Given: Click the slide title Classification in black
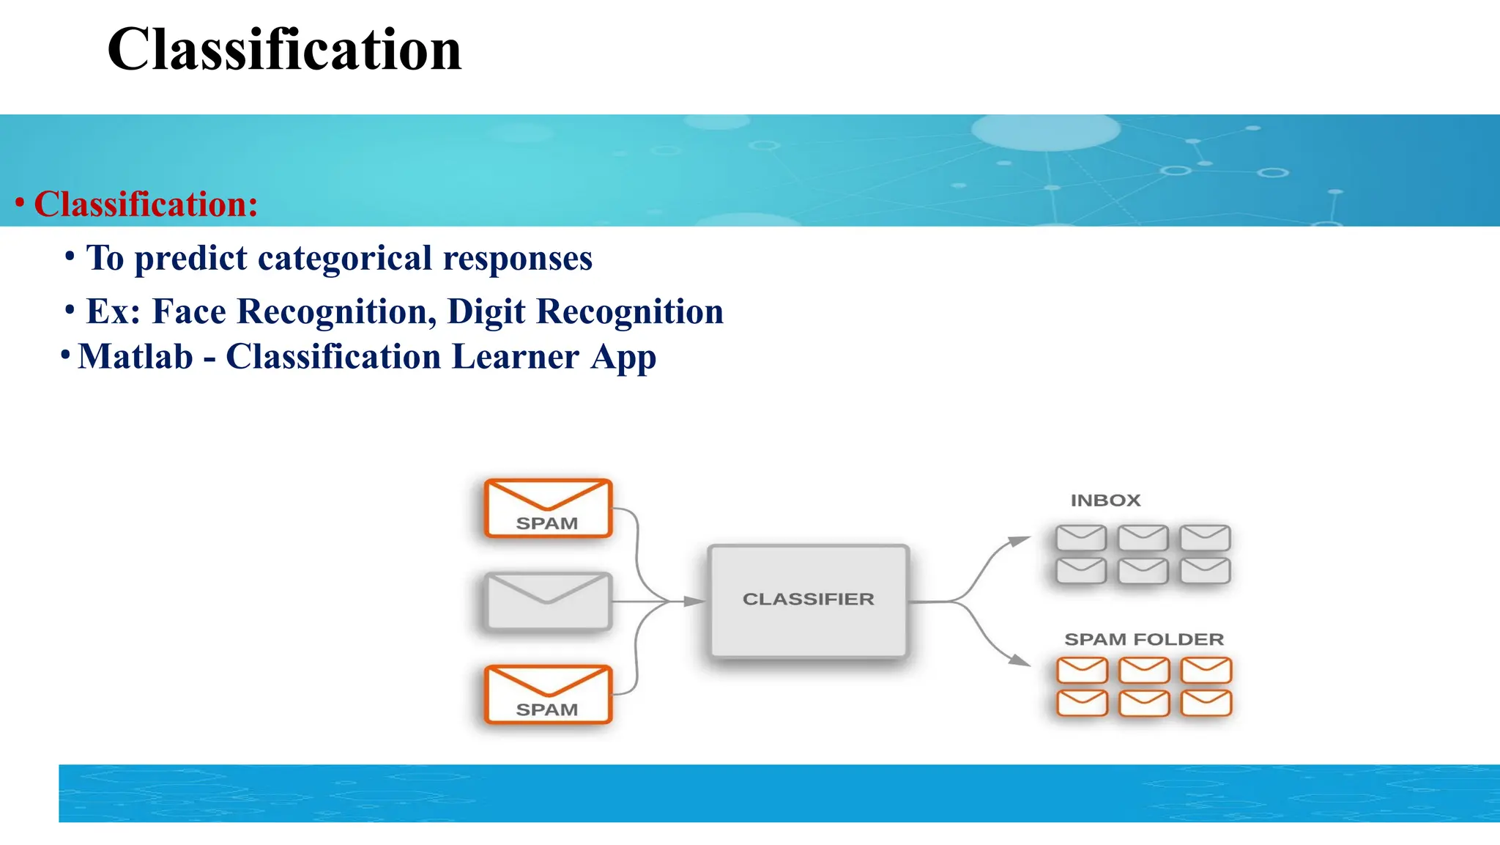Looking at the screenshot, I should click(284, 50).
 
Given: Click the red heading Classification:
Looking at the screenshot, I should click(146, 204).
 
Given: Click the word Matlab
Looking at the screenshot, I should click(135, 357).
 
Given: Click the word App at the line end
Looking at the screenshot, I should click(623, 358).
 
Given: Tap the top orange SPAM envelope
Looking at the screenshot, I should click(547, 509).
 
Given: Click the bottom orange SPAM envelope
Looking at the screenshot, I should click(547, 695).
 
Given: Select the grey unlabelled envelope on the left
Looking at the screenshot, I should click(547, 601).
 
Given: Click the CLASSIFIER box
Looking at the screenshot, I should click(808, 600).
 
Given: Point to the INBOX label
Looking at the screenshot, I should click(1105, 501).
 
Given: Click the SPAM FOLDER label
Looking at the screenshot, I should click(1143, 639).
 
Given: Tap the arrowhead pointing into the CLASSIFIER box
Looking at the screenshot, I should click(694, 602).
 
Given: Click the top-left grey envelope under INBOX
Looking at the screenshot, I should click(1081, 538).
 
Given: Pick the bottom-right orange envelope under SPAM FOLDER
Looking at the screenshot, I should click(1206, 703).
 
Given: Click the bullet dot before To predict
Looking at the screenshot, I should click(70, 257).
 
